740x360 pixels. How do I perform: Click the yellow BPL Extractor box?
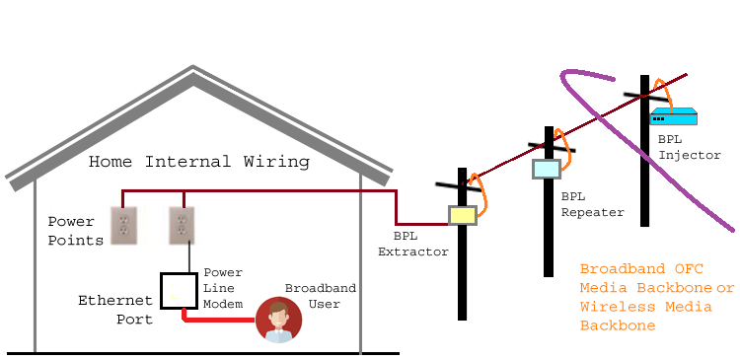pos(463,215)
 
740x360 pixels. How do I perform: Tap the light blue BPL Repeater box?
pos(546,169)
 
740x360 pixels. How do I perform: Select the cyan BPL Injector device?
pos(673,116)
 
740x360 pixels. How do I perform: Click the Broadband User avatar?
pos(278,320)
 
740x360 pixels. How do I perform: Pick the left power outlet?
pos(124,226)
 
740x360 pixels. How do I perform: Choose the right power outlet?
pos(181,226)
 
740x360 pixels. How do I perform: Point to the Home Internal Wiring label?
pos(199,162)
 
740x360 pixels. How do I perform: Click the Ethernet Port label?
pos(116,309)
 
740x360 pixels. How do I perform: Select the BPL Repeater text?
pos(592,204)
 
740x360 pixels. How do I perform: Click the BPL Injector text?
pos(689,147)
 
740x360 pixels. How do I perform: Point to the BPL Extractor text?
pos(413,244)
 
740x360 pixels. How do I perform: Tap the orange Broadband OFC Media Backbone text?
pos(657,297)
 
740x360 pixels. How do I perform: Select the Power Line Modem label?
pos(223,287)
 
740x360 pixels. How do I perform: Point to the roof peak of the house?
pos(193,70)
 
